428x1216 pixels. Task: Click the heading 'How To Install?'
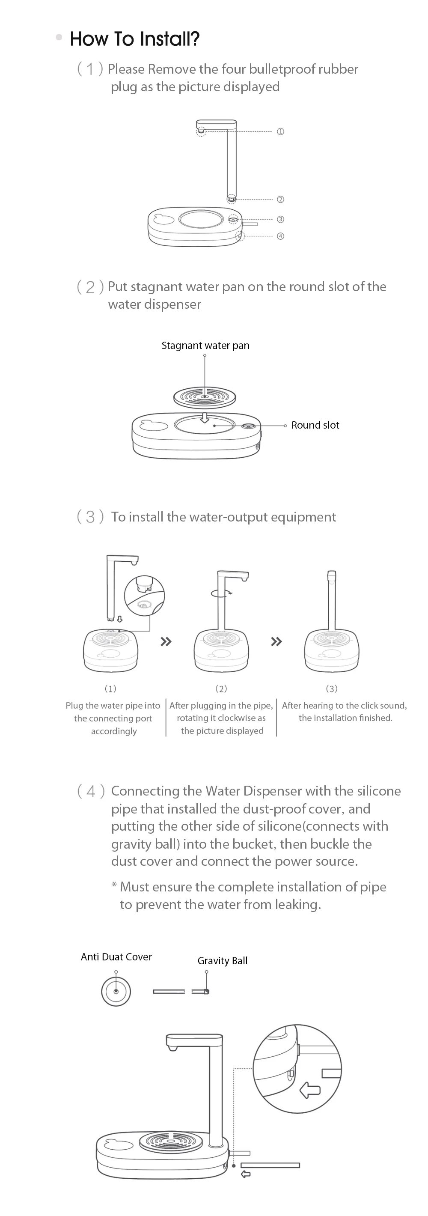[134, 39]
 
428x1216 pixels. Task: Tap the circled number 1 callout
[280, 132]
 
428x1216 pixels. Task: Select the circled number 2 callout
[280, 199]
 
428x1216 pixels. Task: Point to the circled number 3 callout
[280, 219]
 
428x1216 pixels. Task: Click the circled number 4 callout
[280, 236]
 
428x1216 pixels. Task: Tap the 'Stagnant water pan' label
[205, 346]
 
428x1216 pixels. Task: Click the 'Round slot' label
[315, 425]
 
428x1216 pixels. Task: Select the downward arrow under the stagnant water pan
[204, 417]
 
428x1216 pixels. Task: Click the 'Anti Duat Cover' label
[116, 957]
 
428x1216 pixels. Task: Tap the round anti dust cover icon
[116, 991]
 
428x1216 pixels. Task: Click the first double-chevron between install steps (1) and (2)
[166, 641]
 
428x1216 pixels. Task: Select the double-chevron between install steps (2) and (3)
[276, 641]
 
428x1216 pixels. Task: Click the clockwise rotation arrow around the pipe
[222, 593]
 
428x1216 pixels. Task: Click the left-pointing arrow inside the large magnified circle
[310, 1091]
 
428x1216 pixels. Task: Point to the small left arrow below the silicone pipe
[246, 1174]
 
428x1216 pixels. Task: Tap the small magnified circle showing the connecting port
[144, 595]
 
